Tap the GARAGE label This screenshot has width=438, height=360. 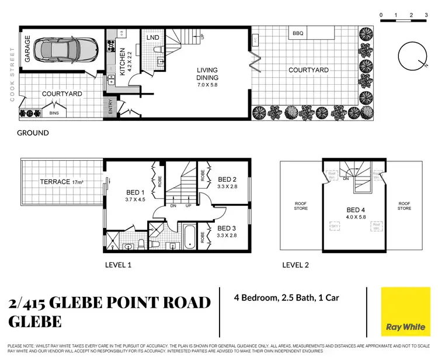click(x=27, y=52)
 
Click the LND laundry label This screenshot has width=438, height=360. click(x=153, y=38)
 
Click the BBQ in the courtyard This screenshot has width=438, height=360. click(x=298, y=34)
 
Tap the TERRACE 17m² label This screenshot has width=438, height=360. click(x=62, y=182)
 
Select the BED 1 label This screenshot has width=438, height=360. click(x=135, y=196)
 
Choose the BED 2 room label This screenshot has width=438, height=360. click(x=227, y=183)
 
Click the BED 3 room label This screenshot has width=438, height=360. click(x=227, y=231)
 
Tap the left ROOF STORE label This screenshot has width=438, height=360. click(x=301, y=205)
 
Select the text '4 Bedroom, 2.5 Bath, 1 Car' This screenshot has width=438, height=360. click(x=286, y=298)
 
